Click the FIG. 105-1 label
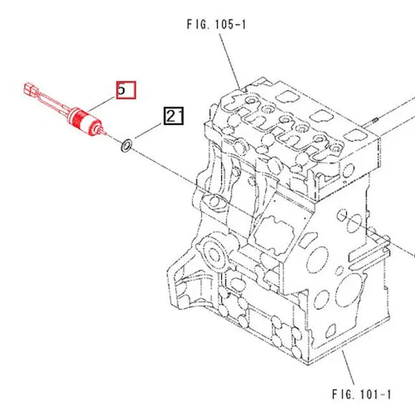[x=215, y=25]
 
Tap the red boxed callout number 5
[x=125, y=89]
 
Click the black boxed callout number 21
[x=175, y=115]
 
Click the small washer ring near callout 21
[x=126, y=146]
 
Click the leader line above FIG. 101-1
[x=348, y=369]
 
